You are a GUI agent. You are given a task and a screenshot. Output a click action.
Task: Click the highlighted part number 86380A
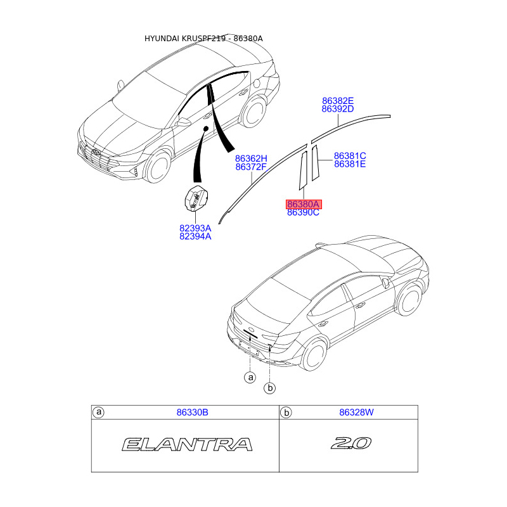[304, 204]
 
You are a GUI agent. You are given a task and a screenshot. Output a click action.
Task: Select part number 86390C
[303, 213]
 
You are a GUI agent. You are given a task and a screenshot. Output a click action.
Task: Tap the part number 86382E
[337, 101]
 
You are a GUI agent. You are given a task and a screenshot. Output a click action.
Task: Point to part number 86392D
[337, 109]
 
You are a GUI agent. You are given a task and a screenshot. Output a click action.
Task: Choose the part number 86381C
[350, 156]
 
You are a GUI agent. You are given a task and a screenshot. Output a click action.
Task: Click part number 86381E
[350, 164]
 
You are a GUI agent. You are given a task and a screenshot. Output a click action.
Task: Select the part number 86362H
[251, 158]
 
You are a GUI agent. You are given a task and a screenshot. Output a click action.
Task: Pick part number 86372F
[251, 167]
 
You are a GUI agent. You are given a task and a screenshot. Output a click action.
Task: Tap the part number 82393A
[195, 228]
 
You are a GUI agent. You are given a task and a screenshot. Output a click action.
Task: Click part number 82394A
[195, 236]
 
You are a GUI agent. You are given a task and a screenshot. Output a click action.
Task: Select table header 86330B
[192, 413]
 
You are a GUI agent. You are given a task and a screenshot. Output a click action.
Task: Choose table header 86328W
[356, 413]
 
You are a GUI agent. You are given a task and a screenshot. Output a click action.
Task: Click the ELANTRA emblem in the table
[187, 444]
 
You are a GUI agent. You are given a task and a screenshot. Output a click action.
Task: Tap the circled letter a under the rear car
[250, 378]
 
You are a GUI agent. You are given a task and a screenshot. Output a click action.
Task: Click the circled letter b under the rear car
[270, 388]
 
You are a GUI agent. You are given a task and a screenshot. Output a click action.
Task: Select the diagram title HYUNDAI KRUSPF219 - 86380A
[203, 39]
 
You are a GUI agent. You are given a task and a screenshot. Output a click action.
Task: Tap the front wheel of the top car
[156, 169]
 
